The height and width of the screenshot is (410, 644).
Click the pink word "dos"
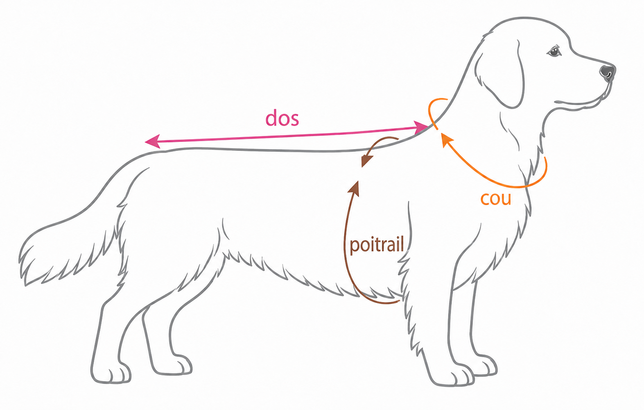[x=282, y=118]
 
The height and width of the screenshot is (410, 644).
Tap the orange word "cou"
[x=496, y=198]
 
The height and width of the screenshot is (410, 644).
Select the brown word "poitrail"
[x=377, y=245]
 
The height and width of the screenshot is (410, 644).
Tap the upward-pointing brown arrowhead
[x=355, y=188]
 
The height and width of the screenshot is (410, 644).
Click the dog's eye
[x=554, y=52]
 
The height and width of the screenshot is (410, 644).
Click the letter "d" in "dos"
[x=271, y=118]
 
